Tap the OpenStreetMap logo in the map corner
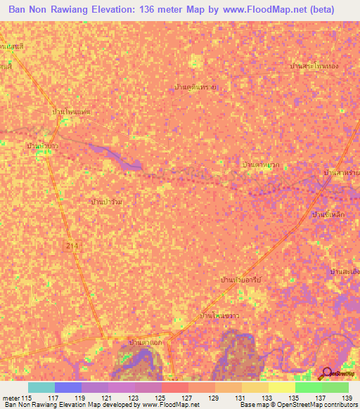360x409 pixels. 327,372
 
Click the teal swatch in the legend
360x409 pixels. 41,387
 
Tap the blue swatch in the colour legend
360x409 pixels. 68,387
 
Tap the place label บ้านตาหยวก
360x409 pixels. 260,164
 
